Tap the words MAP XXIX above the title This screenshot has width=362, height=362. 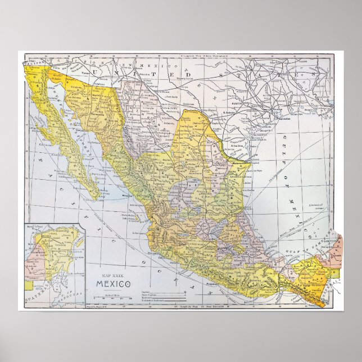[x=112, y=273]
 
